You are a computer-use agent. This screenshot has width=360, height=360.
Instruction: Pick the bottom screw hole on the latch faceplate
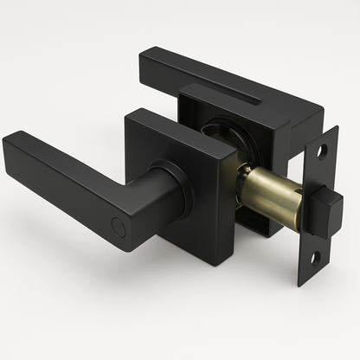click(315, 256)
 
